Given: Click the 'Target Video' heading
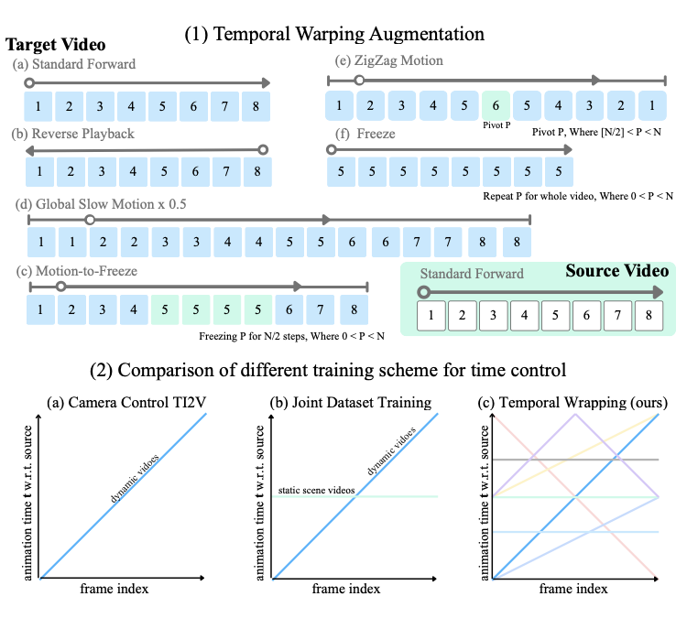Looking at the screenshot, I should pyautogui.click(x=56, y=44).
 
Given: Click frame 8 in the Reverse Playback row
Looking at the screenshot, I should pyautogui.click(x=256, y=170).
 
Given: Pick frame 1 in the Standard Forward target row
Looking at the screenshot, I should pyautogui.click(x=38, y=106).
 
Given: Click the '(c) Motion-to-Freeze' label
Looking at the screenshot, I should pyautogui.click(x=76, y=271).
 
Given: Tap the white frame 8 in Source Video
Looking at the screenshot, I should pyautogui.click(x=649, y=316).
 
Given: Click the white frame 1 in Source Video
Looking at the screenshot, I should pyautogui.click(x=431, y=316).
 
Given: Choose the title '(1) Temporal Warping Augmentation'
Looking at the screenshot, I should pyautogui.click(x=334, y=34).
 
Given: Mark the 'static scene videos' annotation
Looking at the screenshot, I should pyautogui.click(x=315, y=491).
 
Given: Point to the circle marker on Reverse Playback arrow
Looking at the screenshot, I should pyautogui.click(x=262, y=149).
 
